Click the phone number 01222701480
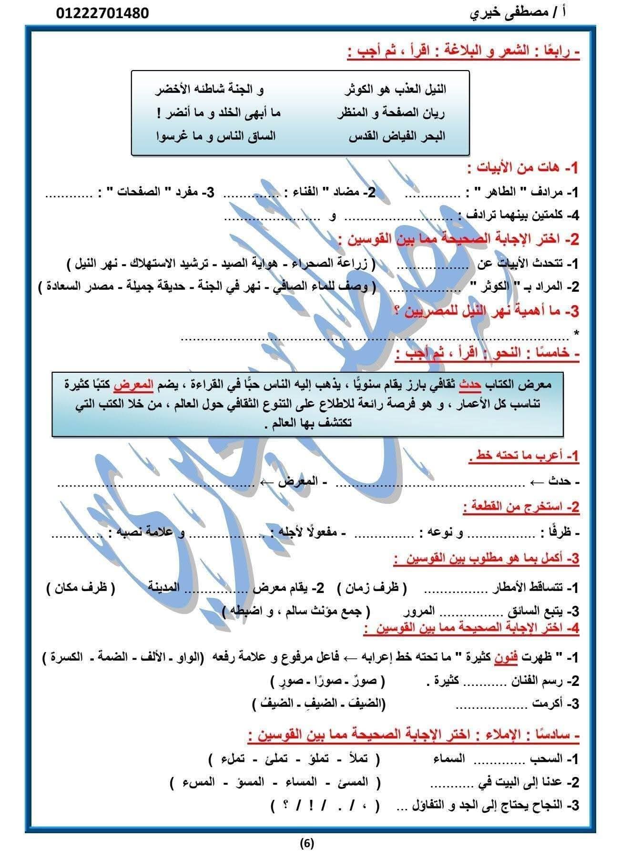point(102,13)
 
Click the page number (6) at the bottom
point(307,843)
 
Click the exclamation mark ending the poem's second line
point(159,113)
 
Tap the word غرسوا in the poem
point(172,136)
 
